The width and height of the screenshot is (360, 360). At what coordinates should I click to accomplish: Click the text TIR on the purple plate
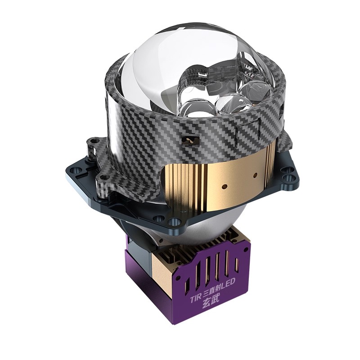pyautogui.click(x=195, y=299)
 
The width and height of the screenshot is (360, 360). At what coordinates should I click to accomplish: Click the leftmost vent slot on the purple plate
pyautogui.click(x=188, y=285)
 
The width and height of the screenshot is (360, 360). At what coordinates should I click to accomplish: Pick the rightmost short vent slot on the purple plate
pyautogui.click(x=237, y=265)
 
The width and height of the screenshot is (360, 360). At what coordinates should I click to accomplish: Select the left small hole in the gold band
pyautogui.click(x=225, y=186)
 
